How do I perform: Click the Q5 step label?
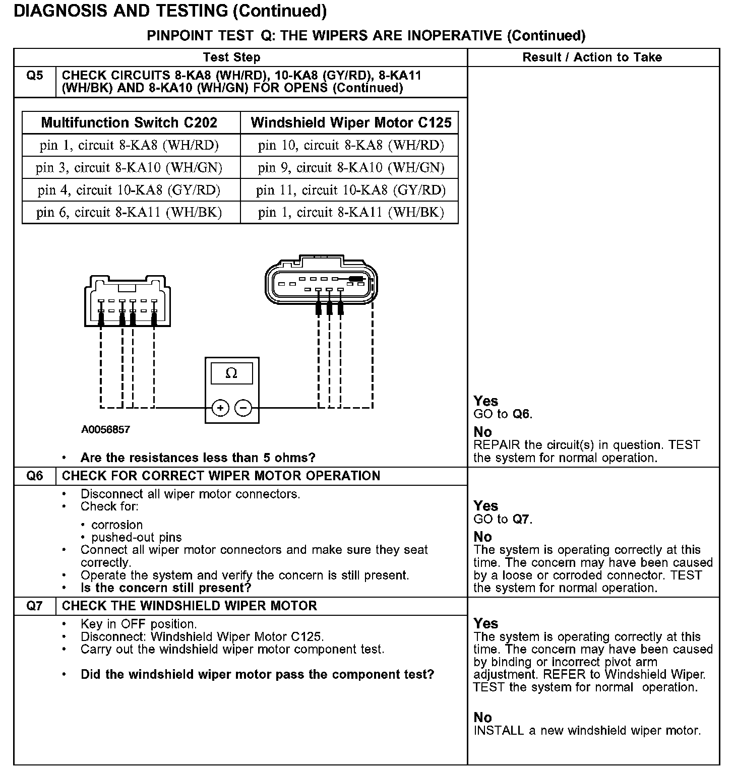click(35, 76)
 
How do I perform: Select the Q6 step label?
click(35, 476)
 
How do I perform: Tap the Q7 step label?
click(35, 606)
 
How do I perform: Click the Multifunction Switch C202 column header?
click(129, 122)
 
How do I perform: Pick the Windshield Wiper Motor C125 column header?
click(351, 122)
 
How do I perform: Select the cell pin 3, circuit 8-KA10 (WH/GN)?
click(129, 168)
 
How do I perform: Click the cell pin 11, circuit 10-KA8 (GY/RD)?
click(351, 190)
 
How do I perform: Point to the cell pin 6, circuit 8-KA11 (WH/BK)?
click(129, 212)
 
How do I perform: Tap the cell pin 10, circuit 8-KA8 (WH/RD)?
click(351, 146)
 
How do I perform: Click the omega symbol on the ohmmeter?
click(231, 373)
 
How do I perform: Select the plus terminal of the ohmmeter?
click(220, 408)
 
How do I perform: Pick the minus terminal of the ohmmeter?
click(243, 408)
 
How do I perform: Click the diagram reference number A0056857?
click(105, 430)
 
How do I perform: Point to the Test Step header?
click(231, 57)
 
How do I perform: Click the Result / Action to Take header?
click(592, 57)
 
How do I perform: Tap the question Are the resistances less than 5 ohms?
click(198, 458)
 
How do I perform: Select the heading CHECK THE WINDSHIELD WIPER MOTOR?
click(190, 606)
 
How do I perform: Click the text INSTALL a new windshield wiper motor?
click(587, 731)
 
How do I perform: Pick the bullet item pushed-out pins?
click(137, 537)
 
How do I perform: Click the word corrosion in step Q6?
click(117, 525)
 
